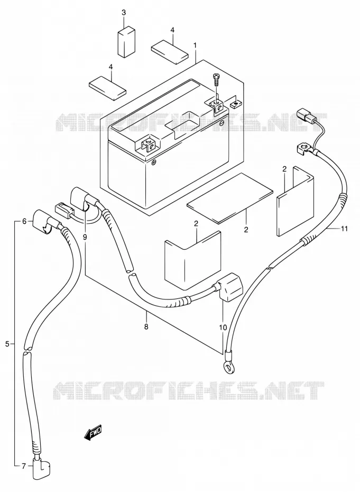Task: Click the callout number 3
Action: pos(124,13)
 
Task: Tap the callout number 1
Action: pos(195,45)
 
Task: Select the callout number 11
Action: pos(344,229)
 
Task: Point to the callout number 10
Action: pos(223,327)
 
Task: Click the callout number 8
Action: pos(146,326)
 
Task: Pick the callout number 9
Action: pos(85,237)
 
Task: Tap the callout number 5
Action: pos(7,344)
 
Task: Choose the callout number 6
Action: pos(24,221)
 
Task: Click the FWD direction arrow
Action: pos(93,433)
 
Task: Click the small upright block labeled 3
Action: pos(127,42)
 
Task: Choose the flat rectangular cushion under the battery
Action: pos(230,198)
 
